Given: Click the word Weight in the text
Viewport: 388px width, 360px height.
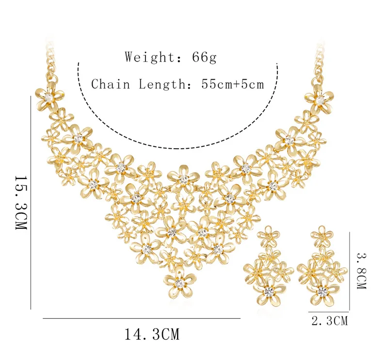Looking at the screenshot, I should pyautogui.click(x=146, y=57).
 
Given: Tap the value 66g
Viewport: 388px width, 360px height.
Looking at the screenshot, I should pyautogui.click(x=200, y=57).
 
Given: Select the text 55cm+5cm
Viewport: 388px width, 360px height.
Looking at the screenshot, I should pyautogui.click(x=233, y=84).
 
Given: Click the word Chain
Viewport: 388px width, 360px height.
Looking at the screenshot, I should pyautogui.click(x=111, y=84).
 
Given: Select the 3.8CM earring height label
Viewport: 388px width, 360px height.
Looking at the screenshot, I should pyautogui.click(x=361, y=269).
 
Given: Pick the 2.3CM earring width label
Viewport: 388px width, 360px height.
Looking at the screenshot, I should pyautogui.click(x=329, y=320).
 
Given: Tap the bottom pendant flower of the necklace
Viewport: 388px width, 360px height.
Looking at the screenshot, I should pyautogui.click(x=180, y=283).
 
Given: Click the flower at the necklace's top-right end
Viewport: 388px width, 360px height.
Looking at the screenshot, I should pyautogui.click(x=319, y=99).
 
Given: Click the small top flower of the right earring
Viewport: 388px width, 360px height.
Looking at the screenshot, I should pyautogui.click(x=322, y=236).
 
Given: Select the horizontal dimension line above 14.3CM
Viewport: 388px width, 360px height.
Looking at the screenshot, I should pyautogui.click(x=142, y=318).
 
